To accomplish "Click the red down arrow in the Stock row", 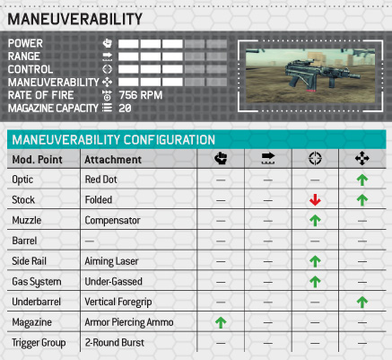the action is coord(315,200).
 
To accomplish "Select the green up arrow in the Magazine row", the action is coord(221,322).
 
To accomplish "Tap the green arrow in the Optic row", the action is coord(362,180).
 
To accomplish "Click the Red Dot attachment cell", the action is coord(100,180).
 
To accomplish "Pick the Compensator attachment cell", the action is coord(112,220).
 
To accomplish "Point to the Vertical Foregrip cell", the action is coord(118,302).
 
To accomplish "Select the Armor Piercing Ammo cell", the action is coord(129,322).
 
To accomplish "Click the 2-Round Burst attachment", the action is coord(115,342).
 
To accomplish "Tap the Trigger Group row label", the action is coord(39,343).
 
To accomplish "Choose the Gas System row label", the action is coord(37,282).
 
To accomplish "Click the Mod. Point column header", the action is coord(37,160).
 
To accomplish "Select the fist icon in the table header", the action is coord(221,158).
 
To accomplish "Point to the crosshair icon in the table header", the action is coord(315,158).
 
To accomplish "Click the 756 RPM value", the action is coord(141,95).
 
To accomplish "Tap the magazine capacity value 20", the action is coord(125,108).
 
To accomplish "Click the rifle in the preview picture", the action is coord(322,75).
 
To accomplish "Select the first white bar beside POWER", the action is coord(128,44).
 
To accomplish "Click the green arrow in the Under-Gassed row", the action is coord(315,282).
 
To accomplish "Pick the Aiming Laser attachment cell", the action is coord(111,261).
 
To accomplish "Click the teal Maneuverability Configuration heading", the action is coord(114,140).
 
